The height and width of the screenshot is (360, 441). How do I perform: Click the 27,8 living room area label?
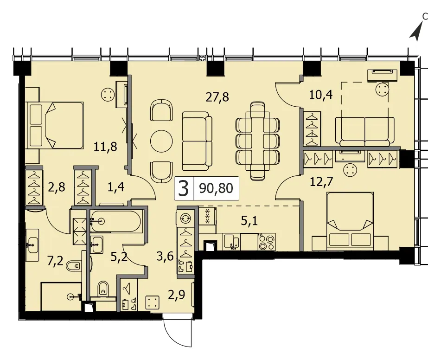(217, 97)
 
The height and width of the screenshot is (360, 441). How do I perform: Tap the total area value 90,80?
(216, 188)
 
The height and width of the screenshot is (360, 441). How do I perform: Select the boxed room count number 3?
(184, 188)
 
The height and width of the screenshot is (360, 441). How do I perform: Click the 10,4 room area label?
(321, 95)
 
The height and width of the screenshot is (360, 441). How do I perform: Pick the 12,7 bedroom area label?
(321, 182)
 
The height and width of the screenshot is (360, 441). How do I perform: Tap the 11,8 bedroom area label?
(105, 147)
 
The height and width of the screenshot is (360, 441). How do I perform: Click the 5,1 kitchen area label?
(249, 221)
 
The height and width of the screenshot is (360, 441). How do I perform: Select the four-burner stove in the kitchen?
(267, 242)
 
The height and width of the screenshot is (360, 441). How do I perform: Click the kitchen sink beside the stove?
(232, 242)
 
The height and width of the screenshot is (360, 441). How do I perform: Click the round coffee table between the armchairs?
(162, 141)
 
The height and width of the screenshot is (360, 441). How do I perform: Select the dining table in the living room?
(258, 141)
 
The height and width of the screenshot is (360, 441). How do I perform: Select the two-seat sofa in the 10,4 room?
(365, 132)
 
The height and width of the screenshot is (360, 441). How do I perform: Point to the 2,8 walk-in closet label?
(57, 187)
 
